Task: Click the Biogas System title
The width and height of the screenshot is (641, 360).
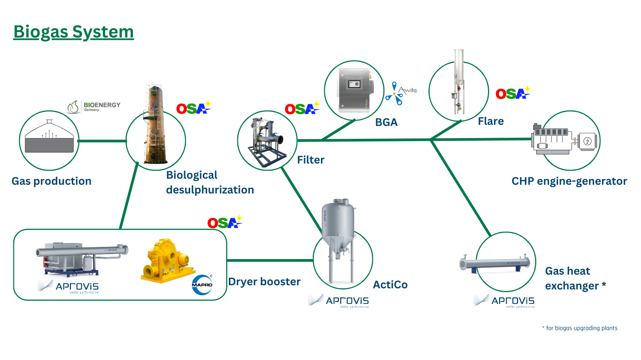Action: click(74, 32)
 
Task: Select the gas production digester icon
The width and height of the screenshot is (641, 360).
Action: click(49, 138)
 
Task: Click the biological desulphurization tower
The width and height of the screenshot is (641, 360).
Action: click(154, 125)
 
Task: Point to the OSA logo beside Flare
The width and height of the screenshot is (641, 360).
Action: click(513, 93)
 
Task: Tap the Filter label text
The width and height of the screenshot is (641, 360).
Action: click(310, 160)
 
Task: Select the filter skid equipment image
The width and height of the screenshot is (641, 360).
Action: click(266, 141)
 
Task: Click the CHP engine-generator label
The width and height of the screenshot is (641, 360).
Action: click(569, 181)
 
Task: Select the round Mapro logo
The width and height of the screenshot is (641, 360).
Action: click(202, 285)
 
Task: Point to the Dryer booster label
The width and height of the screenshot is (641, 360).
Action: click(264, 282)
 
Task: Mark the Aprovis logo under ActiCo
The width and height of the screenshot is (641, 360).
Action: click(339, 301)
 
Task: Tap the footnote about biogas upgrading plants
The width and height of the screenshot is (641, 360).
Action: click(580, 328)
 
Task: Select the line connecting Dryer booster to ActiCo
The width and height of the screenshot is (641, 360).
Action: click(270, 261)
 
